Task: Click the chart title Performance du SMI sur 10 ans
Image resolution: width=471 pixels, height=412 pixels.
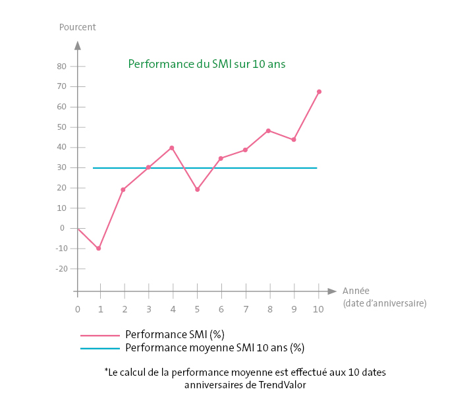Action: coord(206,65)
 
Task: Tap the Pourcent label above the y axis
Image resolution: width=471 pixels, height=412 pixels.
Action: coord(77,27)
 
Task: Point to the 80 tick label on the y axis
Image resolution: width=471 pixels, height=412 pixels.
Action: coord(61,66)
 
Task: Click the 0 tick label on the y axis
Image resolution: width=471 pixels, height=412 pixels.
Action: coord(63,228)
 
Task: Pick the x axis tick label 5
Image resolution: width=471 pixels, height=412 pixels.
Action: coord(197,309)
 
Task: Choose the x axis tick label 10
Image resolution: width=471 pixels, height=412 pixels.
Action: coord(319,309)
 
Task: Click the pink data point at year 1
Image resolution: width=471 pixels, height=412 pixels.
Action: coord(99,249)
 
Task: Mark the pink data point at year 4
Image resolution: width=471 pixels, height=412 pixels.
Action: coord(172,148)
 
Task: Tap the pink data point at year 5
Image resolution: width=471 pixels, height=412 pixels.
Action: coord(197,189)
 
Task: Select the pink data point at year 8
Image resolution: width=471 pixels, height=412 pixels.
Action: coord(269,131)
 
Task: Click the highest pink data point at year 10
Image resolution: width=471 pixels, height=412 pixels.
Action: coord(319,92)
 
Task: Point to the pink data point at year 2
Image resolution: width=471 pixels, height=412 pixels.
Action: coord(123,190)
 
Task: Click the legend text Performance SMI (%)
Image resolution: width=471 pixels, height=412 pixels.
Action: coord(170,334)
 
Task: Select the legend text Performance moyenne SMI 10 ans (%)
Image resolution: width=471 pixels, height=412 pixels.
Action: coord(215,347)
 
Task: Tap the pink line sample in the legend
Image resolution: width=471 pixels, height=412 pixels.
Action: coord(100,335)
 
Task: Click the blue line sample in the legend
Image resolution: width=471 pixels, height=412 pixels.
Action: coord(100,348)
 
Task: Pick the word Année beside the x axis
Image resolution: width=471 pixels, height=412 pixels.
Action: coord(356,291)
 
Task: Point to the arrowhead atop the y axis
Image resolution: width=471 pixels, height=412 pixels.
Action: coord(78,45)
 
